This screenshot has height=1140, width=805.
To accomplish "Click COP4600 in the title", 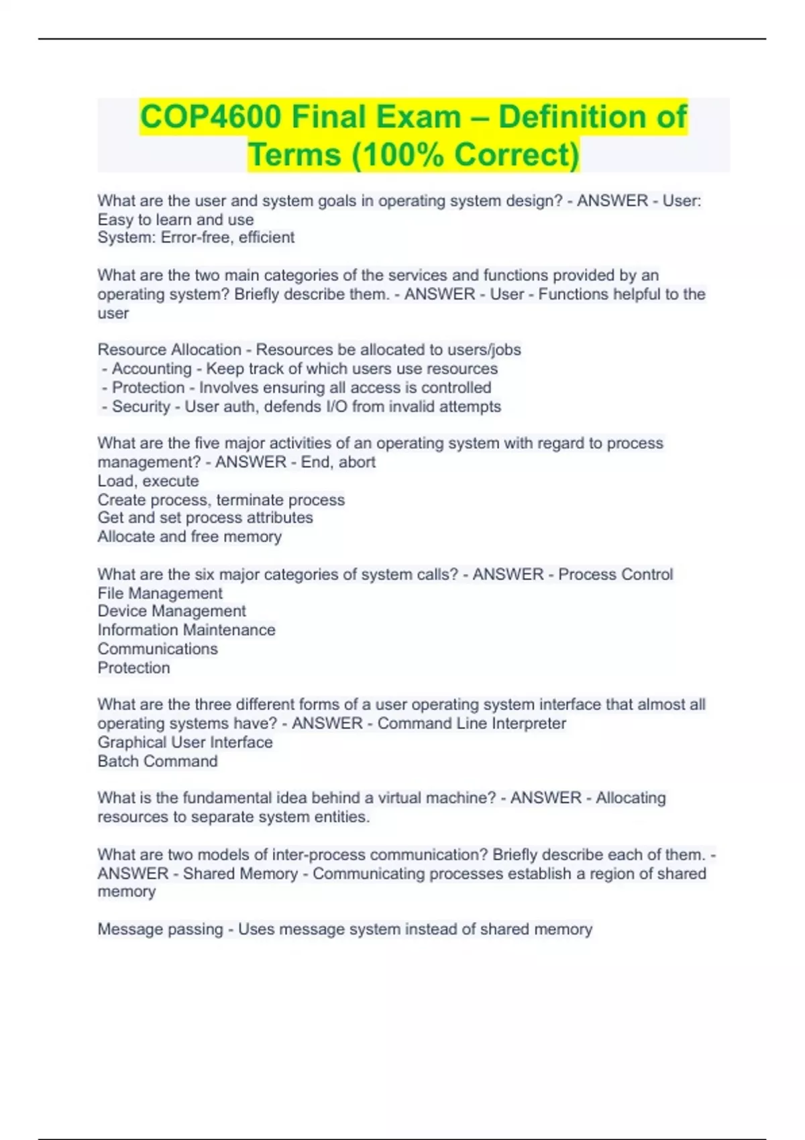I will tap(210, 117).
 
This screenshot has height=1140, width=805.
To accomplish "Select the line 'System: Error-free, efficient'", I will tap(196, 237).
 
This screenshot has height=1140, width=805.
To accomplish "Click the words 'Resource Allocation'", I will tap(169, 349).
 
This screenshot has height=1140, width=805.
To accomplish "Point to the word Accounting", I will tap(152, 368).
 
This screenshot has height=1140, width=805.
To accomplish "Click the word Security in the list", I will tap(141, 406).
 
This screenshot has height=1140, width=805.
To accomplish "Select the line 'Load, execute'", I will tap(148, 481).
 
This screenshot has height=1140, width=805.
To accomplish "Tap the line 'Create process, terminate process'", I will tap(221, 500).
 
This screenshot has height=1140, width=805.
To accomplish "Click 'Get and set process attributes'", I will tap(205, 518).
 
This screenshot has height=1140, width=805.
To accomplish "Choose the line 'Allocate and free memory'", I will tap(190, 536).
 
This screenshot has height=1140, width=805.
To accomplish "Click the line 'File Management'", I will tap(160, 593).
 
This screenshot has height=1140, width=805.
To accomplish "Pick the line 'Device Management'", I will tap(172, 611).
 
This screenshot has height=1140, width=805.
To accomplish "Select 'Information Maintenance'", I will tap(186, 630).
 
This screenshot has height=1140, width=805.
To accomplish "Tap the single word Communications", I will tap(158, 648).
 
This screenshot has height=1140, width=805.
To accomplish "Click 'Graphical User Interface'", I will tap(185, 742).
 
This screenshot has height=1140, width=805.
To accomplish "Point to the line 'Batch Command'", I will tap(158, 761).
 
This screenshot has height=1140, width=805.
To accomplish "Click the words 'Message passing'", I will tap(160, 929).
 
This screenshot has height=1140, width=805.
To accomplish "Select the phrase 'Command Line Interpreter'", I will tap(472, 724).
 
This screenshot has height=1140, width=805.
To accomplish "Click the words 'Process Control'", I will tap(615, 574).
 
